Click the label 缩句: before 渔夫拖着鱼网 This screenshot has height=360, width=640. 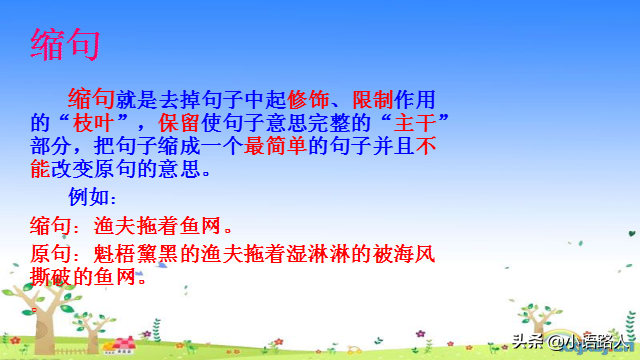tap(55, 223)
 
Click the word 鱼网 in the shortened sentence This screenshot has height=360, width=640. tap(194, 223)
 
